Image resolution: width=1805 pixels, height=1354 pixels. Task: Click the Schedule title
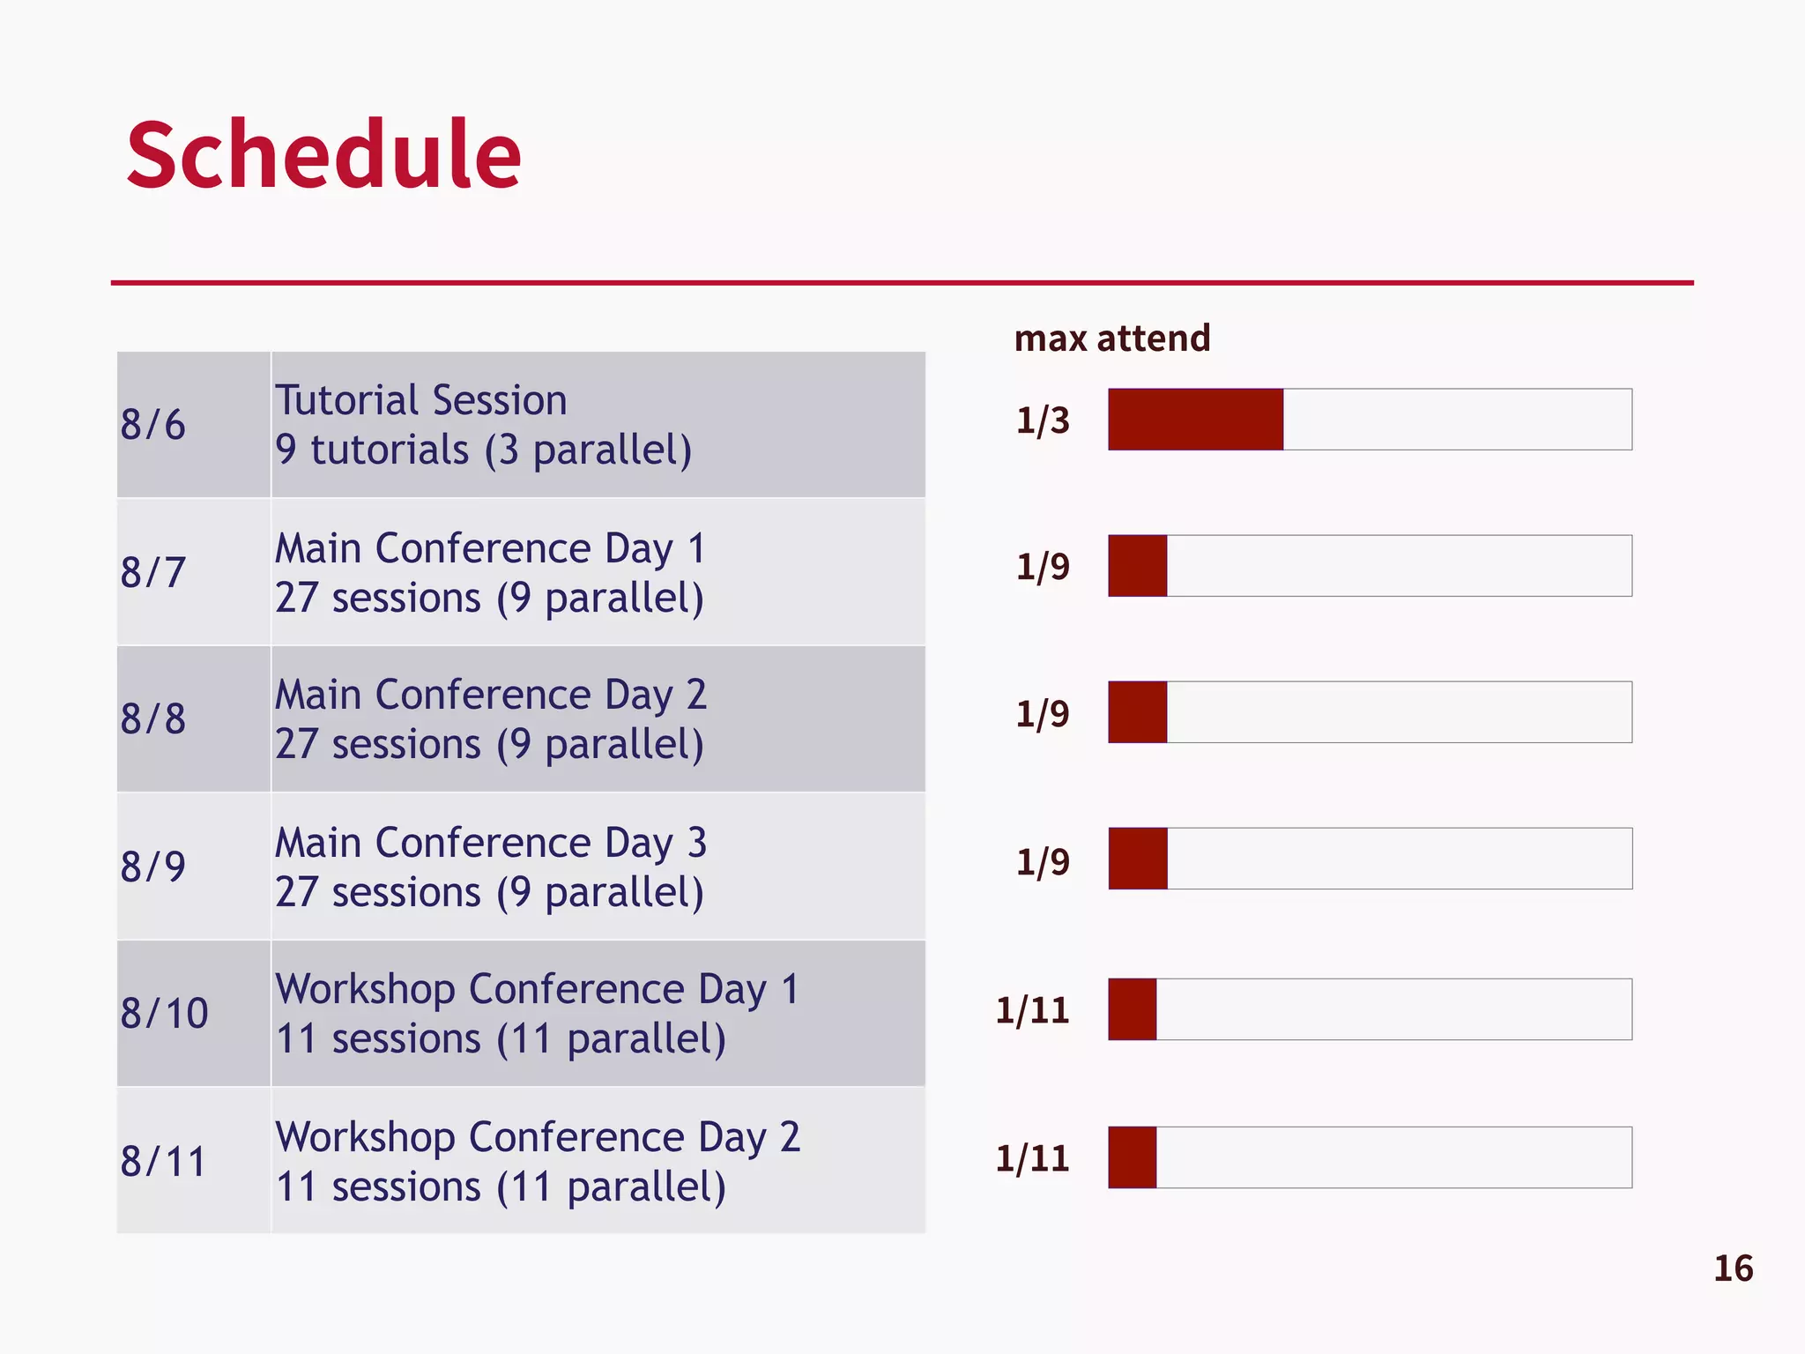pyautogui.click(x=323, y=155)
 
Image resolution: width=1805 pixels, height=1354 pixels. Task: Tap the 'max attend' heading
pyautogui.click(x=1112, y=338)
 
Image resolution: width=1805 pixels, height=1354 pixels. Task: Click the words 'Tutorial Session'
pyautogui.click(x=421, y=400)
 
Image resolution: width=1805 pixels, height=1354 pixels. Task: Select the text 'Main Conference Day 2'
pyautogui.click(x=491, y=695)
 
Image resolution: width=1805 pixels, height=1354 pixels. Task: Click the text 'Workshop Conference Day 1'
pyautogui.click(x=538, y=989)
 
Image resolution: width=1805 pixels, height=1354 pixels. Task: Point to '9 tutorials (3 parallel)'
pyautogui.click(x=483, y=450)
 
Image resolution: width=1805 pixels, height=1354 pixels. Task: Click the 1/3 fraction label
pyautogui.click(x=1043, y=420)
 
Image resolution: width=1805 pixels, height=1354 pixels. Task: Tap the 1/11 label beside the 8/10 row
pyautogui.click(x=1032, y=1010)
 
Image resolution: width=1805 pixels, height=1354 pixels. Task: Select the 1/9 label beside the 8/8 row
pyautogui.click(x=1043, y=713)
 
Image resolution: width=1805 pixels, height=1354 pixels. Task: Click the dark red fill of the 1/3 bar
pyautogui.click(x=1195, y=420)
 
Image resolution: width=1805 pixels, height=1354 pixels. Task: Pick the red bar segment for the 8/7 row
pyautogui.click(x=1138, y=566)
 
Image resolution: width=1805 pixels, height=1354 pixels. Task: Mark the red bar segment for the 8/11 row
pyautogui.click(x=1133, y=1157)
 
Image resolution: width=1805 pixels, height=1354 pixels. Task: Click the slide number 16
pyautogui.click(x=1733, y=1268)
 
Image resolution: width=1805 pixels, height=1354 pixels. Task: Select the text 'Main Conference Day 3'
pyautogui.click(x=491, y=843)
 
